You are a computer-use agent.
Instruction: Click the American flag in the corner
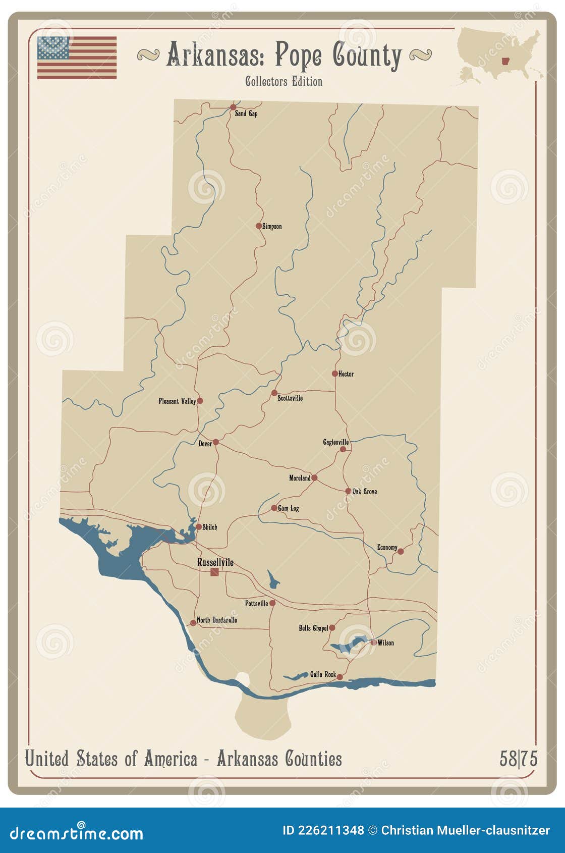click(x=77, y=57)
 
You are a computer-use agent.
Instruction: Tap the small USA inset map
click(x=499, y=54)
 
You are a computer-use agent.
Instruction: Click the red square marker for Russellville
click(x=215, y=572)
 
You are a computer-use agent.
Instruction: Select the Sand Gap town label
click(x=246, y=114)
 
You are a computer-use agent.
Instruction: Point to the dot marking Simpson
click(x=259, y=226)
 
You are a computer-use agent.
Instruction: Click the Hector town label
click(x=346, y=374)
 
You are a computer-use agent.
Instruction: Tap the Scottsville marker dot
click(x=274, y=393)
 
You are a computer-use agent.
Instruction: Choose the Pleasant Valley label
click(x=177, y=401)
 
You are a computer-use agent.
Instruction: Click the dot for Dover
click(x=215, y=442)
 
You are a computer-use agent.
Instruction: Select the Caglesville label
click(x=335, y=442)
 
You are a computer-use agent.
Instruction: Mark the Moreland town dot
click(x=314, y=477)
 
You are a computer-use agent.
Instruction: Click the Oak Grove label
click(x=364, y=491)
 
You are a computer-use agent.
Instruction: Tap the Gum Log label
click(x=289, y=508)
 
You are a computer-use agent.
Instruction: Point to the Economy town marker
click(x=401, y=551)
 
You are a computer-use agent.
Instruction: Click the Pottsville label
click(x=256, y=604)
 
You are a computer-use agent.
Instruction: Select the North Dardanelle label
click(x=217, y=620)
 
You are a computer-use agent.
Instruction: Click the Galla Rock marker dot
click(x=340, y=677)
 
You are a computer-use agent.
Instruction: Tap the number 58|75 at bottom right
click(x=518, y=759)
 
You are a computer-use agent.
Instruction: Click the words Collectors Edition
click(x=284, y=81)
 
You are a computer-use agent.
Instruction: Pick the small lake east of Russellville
click(x=273, y=581)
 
